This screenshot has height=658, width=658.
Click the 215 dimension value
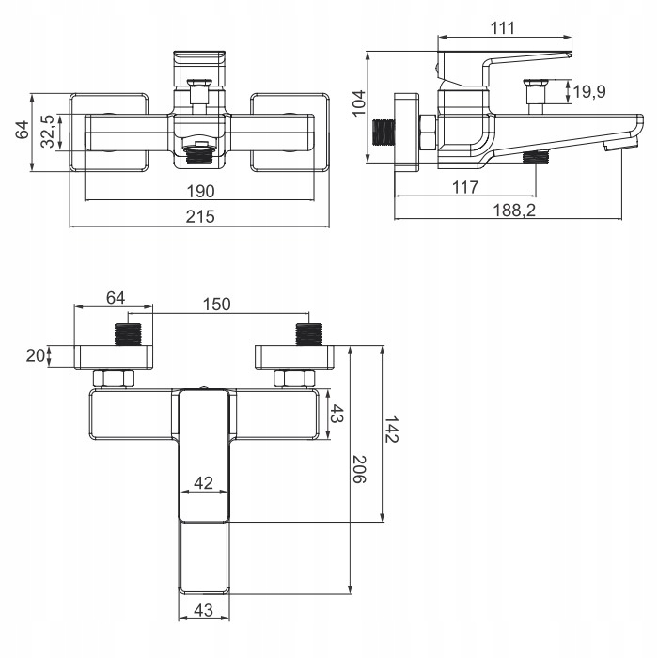point(199,217)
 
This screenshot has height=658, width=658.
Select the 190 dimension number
point(199,191)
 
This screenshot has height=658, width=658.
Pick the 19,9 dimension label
point(590,91)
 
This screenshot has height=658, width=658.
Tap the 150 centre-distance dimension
point(217,304)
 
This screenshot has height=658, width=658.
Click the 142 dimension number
point(392,434)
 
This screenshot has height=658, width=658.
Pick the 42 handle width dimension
point(203,483)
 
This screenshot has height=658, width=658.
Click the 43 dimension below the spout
point(203,609)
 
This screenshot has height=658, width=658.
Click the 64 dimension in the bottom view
point(115,298)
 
